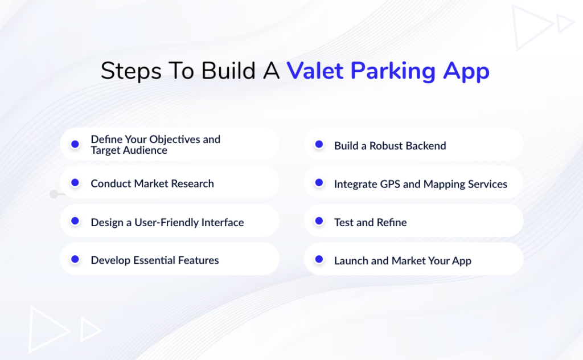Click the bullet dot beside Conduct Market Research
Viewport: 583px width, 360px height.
coord(75,183)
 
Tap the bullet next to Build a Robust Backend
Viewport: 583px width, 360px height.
coord(319,145)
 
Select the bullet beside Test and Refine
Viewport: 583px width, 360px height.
coord(319,222)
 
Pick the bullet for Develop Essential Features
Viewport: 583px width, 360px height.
coord(75,260)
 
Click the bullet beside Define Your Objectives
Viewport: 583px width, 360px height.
coord(75,145)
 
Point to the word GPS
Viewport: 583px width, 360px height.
coord(392,184)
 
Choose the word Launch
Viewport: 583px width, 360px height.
coord(351,261)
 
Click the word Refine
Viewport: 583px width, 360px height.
coord(391,222)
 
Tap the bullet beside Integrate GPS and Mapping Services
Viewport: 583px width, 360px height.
coord(319,183)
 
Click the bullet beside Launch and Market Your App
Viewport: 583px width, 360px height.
coord(319,260)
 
